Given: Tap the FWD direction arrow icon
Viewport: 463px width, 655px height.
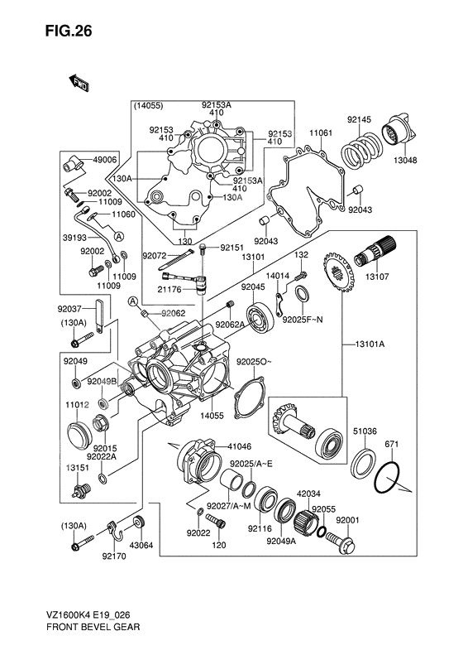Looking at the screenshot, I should tap(79, 82).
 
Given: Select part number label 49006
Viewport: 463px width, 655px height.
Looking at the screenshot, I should tap(106, 161).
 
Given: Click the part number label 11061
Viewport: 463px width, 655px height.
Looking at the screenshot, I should tap(321, 132).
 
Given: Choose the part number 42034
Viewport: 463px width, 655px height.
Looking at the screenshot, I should tap(308, 492).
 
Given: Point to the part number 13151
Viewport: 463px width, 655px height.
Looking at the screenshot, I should tap(79, 468).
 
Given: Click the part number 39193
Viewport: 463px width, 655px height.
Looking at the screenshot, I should tap(69, 236).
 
